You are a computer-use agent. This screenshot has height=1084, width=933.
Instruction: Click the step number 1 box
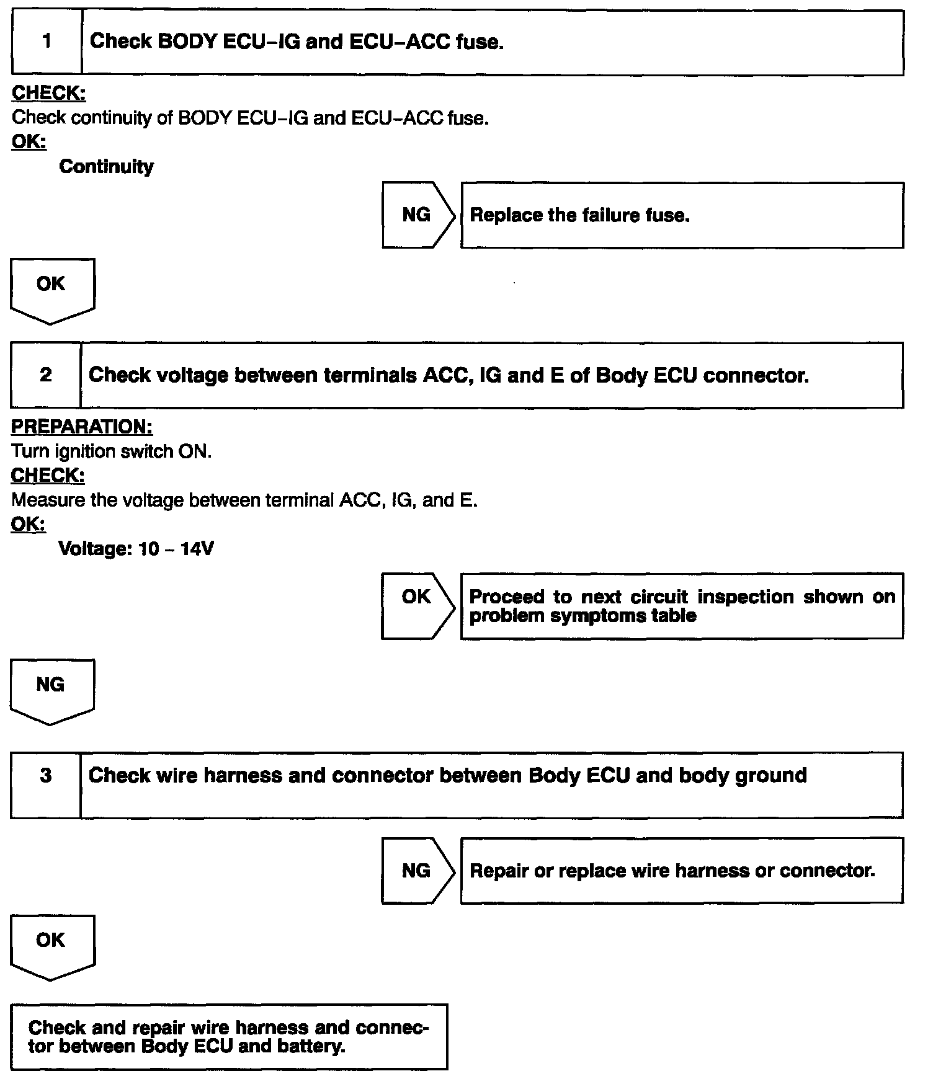pos(47,42)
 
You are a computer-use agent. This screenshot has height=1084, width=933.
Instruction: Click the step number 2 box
pos(46,375)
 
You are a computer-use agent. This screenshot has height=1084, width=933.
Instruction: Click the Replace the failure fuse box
pos(681,215)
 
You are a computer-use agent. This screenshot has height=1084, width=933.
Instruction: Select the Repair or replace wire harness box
pos(681,871)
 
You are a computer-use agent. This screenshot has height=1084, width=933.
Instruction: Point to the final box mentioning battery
pos(228,1037)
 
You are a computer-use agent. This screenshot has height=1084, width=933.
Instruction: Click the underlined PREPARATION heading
pos(82,427)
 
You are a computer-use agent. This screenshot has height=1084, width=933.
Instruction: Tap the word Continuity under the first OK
pos(106,167)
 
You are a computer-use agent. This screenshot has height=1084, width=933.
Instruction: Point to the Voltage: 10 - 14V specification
pos(136,549)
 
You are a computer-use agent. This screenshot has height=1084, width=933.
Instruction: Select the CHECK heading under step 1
pos(48,94)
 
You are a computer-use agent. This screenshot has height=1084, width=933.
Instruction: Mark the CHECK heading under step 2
pos(48,476)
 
